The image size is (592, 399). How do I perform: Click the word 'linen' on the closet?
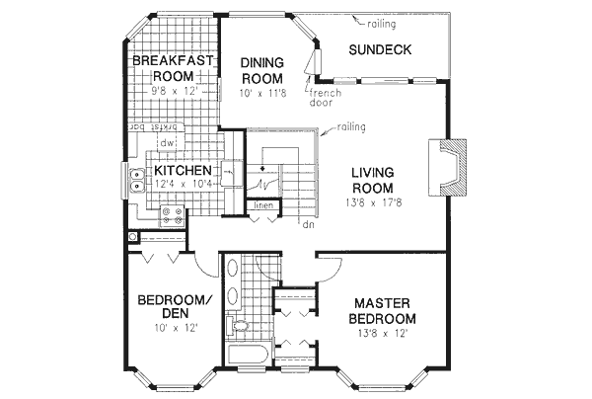pos(262,205)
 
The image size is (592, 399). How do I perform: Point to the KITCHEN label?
pos(183,170)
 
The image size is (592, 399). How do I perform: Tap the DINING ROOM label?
pos(262,71)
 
